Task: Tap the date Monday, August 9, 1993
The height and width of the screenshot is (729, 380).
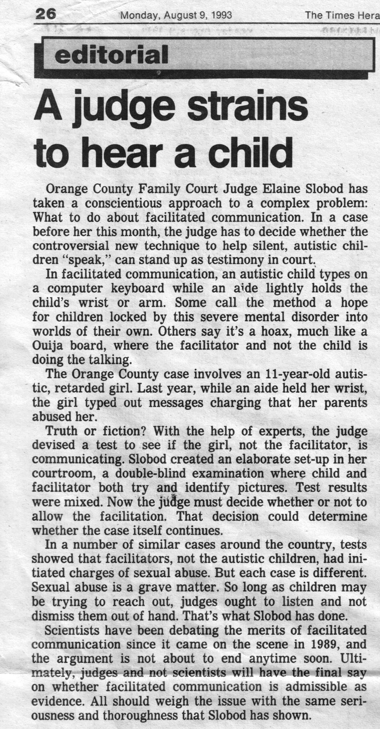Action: [x=176, y=15]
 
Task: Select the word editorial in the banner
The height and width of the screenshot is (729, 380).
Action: [x=111, y=55]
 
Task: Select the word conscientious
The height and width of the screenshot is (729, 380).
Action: [x=126, y=203]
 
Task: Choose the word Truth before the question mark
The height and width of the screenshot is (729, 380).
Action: [x=61, y=431]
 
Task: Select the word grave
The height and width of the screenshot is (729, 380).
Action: [x=155, y=587]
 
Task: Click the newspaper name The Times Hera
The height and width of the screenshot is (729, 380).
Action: [x=342, y=15]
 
